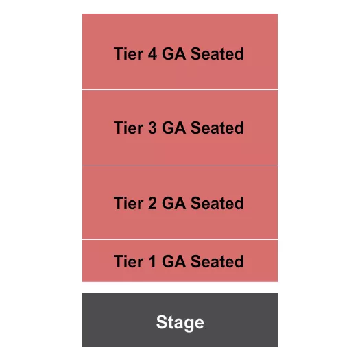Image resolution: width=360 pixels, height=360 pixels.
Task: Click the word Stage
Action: tap(180, 322)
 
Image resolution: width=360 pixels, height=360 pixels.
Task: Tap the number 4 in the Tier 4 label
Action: tap(151, 53)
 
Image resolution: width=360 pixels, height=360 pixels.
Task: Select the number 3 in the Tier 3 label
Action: tap(151, 128)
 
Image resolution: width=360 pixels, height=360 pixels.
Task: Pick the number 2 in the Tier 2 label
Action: tap(151, 204)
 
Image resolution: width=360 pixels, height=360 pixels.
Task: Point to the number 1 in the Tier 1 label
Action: tap(151, 262)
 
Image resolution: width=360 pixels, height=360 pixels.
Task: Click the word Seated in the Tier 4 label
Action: tap(217, 53)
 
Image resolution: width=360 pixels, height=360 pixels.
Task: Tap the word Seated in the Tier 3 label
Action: tap(217, 128)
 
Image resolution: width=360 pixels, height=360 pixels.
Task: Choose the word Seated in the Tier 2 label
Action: tap(217, 204)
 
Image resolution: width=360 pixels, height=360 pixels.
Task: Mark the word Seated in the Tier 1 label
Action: tap(217, 262)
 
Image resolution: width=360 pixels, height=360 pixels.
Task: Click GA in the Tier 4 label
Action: tap(173, 53)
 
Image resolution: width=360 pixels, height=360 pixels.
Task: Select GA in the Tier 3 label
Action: tap(173, 128)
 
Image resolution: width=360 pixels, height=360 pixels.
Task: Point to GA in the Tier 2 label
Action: tap(173, 204)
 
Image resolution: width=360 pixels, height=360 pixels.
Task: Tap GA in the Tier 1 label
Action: tap(173, 262)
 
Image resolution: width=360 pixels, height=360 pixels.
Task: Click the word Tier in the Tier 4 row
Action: tap(128, 53)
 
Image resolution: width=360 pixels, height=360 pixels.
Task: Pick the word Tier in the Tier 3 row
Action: tap(128, 128)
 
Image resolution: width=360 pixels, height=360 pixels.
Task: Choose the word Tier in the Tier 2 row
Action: tap(128, 204)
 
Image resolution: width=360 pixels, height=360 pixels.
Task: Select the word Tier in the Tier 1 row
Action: tap(128, 262)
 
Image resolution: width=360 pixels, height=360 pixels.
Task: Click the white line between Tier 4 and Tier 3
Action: tap(180, 89)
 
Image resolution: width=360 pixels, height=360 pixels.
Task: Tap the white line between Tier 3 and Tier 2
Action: tap(180, 165)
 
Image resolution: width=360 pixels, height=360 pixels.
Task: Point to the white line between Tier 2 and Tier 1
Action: tap(180, 240)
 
